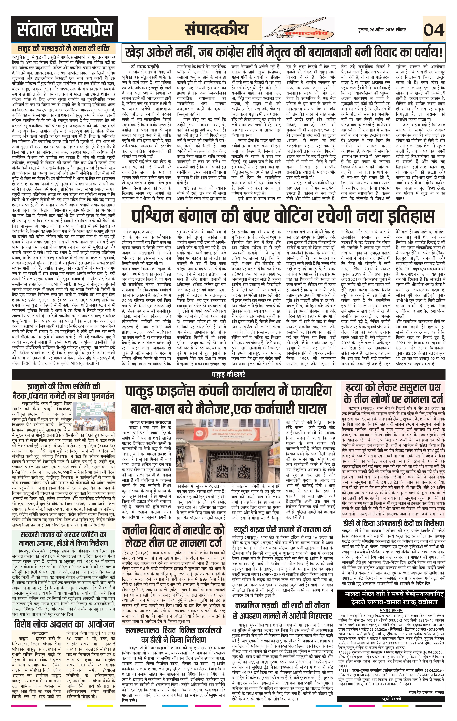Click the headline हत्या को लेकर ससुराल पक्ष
[393, 387]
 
